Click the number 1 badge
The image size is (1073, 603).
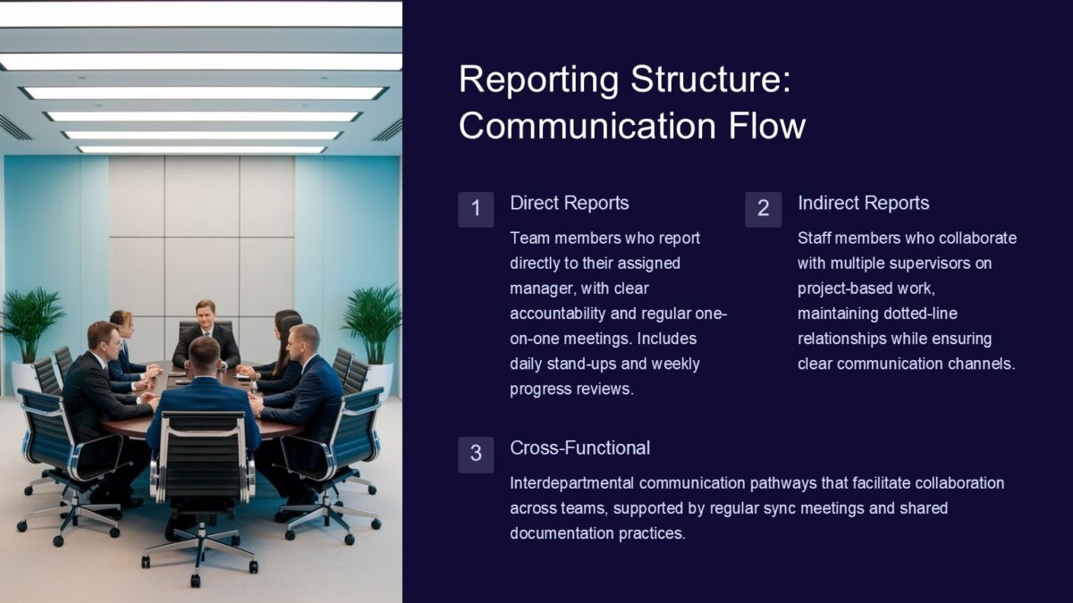click(x=476, y=209)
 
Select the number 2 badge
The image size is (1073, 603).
click(x=763, y=209)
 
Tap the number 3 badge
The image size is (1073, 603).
click(x=476, y=454)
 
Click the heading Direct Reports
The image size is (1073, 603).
click(x=569, y=203)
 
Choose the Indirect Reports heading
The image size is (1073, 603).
click(x=863, y=203)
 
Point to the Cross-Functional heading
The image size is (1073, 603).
click(x=579, y=448)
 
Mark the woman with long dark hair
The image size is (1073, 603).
click(x=285, y=344)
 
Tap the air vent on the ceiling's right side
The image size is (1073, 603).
click(x=388, y=130)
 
